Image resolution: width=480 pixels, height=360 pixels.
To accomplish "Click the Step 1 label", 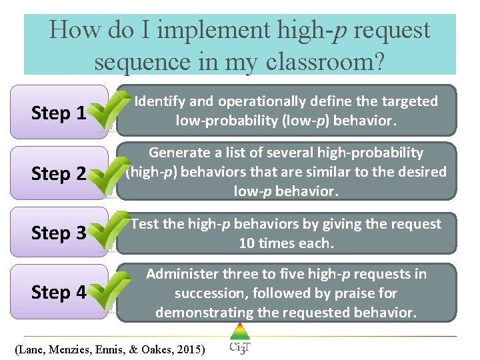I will point(59,113).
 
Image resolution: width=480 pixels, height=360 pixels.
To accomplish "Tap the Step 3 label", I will point(59,233).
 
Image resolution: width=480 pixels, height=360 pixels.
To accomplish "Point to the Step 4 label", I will point(59,293).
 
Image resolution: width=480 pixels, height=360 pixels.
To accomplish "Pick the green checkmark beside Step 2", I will point(109,172).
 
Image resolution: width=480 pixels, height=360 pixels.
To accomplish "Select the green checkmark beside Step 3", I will point(109,232).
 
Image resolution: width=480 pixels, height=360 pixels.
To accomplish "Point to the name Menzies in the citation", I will point(73,349).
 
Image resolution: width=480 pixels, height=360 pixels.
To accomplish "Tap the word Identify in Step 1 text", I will point(160,101).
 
